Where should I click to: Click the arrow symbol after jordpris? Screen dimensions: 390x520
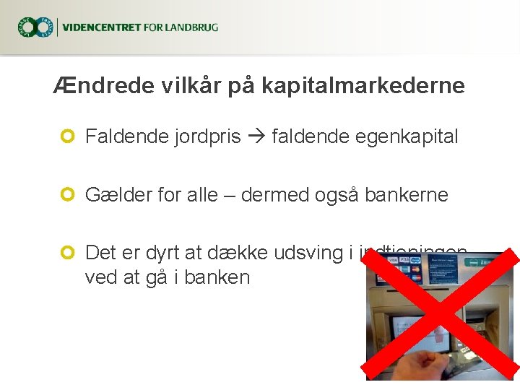256,136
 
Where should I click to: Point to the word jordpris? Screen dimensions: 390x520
207,136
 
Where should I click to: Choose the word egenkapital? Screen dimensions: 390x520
407,136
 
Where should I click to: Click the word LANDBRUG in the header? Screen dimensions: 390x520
191,28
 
